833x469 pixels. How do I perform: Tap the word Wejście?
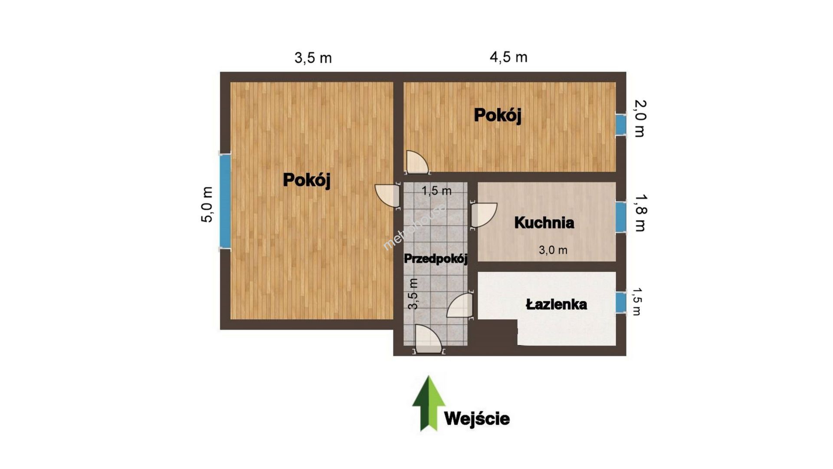(x=477, y=419)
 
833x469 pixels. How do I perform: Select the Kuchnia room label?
(x=544, y=223)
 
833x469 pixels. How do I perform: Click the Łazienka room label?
(x=556, y=304)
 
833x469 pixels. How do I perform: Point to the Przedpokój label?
(x=436, y=259)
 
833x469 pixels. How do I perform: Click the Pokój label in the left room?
(x=307, y=180)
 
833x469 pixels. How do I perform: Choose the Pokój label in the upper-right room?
(x=498, y=115)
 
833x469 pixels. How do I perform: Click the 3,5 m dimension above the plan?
(x=313, y=58)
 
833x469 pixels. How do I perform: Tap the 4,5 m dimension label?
(x=508, y=57)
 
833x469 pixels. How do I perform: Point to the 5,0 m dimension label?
(x=207, y=205)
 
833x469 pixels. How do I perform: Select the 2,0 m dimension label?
(x=640, y=118)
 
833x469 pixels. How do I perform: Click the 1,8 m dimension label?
(x=640, y=212)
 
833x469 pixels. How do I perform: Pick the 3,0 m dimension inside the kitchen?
(x=553, y=250)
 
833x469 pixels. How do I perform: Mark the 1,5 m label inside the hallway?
(x=436, y=191)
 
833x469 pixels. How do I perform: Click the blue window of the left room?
(x=225, y=201)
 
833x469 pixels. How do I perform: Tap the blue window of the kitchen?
(x=621, y=217)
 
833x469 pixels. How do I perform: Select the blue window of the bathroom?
(x=621, y=303)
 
